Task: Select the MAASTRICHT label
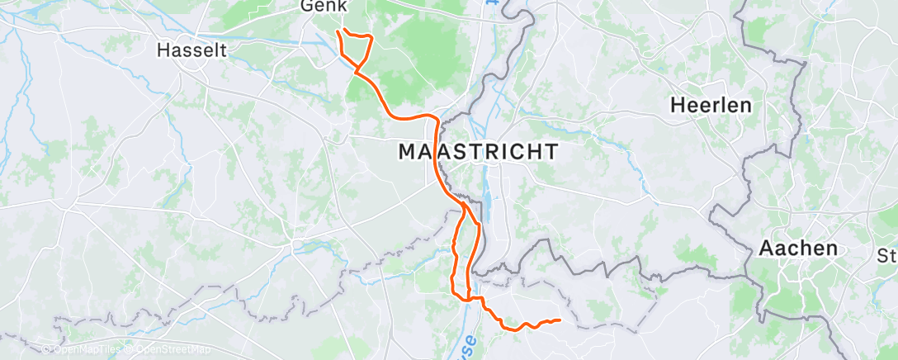coord(478,152)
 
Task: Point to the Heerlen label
coord(711,105)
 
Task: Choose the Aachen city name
coord(798,248)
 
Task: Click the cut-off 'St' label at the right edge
coord(888,255)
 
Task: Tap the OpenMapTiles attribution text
coord(82,350)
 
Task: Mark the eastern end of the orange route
coord(560,320)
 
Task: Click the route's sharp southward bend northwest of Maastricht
coord(435,121)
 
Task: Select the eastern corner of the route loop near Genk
coord(371,38)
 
